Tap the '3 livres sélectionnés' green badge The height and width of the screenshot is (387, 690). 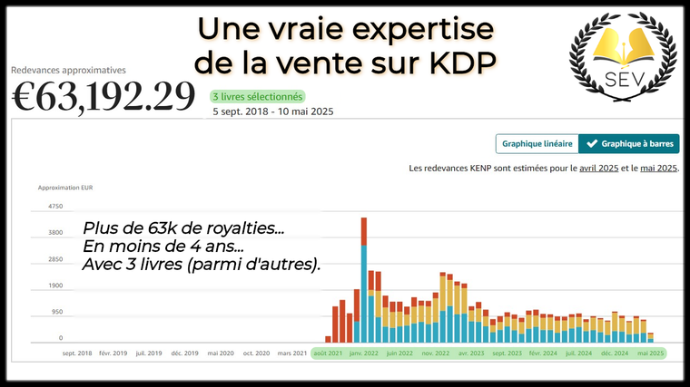point(258,96)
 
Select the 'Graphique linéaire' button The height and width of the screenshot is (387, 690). point(537,143)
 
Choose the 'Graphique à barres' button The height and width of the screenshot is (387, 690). point(629,143)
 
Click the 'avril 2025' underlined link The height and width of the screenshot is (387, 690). point(598,169)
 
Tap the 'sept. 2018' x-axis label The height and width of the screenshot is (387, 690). point(77,353)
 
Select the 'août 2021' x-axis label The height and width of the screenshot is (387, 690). point(328,353)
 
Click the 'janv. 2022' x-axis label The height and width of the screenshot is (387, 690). point(363,353)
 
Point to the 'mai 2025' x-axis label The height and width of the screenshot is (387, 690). point(651,353)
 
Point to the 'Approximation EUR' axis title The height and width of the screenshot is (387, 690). point(65,188)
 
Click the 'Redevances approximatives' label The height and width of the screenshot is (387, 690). point(69,69)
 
